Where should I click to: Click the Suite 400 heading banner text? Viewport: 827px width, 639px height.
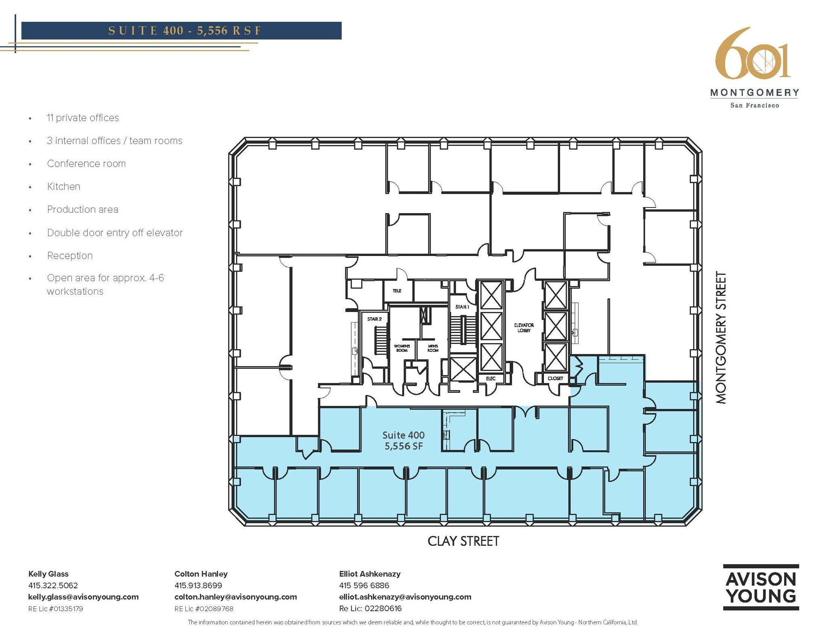[x=185, y=31]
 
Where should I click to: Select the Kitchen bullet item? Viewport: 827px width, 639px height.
[x=64, y=186]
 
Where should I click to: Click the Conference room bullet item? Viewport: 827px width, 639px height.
[x=86, y=163]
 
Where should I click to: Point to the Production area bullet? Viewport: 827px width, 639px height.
[x=83, y=210]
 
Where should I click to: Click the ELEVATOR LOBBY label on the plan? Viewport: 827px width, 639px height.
[x=524, y=328]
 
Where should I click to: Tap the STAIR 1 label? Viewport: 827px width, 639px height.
[x=462, y=307]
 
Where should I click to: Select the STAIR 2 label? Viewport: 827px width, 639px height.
[x=374, y=319]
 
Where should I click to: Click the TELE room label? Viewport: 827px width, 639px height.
[x=397, y=291]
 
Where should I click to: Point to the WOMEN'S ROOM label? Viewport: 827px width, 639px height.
[x=402, y=348]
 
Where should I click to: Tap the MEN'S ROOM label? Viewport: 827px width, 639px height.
[x=433, y=348]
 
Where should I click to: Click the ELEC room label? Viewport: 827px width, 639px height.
[x=491, y=378]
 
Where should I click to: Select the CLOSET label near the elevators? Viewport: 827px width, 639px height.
[x=555, y=378]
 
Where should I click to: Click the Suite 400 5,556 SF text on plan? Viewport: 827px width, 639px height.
[x=403, y=440]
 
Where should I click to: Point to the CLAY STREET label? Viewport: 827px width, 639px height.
[x=463, y=541]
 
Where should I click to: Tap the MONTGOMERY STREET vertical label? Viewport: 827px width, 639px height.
[x=721, y=337]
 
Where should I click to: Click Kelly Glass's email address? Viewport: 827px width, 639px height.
[x=83, y=597]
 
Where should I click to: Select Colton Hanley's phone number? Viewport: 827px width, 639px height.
[x=198, y=585]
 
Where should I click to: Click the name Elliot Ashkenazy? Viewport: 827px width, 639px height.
[x=369, y=574]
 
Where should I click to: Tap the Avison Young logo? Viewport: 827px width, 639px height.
[x=761, y=587]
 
